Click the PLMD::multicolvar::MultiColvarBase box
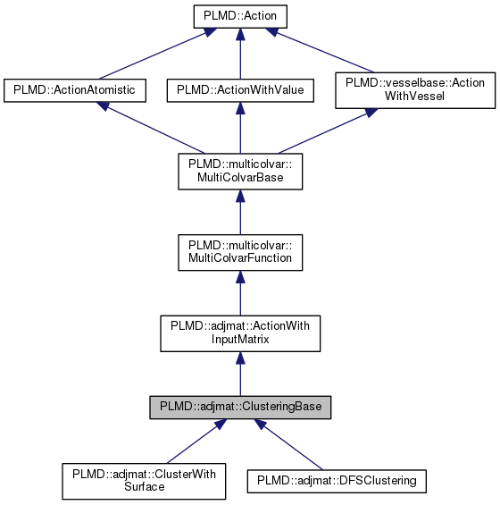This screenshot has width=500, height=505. coord(239,171)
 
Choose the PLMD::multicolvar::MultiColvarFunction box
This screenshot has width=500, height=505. coord(239,252)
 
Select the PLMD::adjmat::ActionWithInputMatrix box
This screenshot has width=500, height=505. coord(239,333)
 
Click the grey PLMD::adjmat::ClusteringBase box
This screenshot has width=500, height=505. coord(239,408)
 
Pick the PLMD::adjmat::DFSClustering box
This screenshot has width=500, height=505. coord(337,481)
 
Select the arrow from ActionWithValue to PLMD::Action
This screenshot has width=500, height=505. coord(239,54)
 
